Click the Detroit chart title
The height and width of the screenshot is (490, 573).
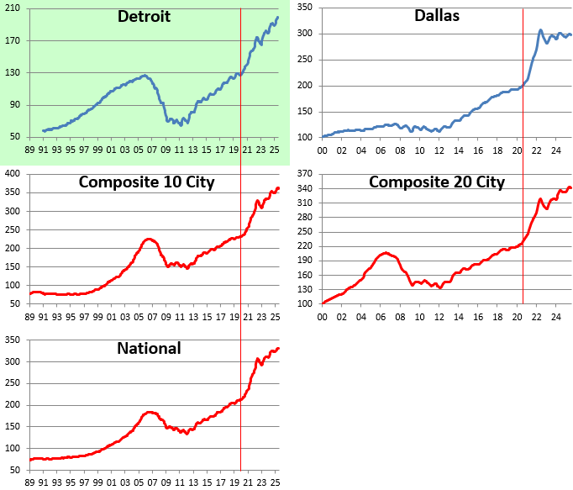point(144,17)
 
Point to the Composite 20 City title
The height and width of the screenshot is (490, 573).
point(437,182)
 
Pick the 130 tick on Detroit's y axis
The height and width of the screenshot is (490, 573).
point(13,73)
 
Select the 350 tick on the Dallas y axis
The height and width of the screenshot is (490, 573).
point(305,8)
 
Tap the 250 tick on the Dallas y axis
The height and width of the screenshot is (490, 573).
point(305,60)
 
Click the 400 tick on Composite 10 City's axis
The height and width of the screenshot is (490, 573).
point(13,173)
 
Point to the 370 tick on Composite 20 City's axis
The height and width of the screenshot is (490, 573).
point(305,174)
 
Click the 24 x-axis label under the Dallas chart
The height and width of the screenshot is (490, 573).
point(556,151)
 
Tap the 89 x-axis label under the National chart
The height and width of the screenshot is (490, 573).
point(29,483)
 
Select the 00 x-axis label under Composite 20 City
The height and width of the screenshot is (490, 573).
point(322,317)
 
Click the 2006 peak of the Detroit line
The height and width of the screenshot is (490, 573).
point(145,76)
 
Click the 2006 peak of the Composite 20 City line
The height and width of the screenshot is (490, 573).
point(386,252)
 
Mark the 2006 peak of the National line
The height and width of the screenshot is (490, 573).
point(150,412)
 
